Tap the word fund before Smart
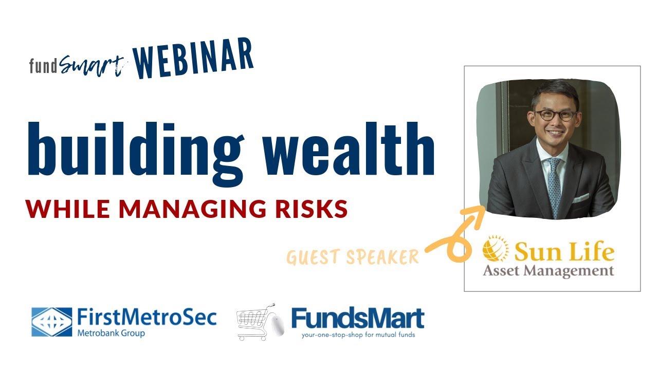click(x=43, y=66)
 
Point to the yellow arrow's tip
click(x=483, y=209)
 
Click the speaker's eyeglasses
click(x=555, y=115)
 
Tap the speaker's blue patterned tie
click(x=554, y=185)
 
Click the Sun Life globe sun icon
click(x=496, y=249)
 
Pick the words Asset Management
click(x=548, y=270)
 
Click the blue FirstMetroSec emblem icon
click(x=51, y=322)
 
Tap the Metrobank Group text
click(x=111, y=333)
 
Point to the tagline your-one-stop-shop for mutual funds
click(x=357, y=335)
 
